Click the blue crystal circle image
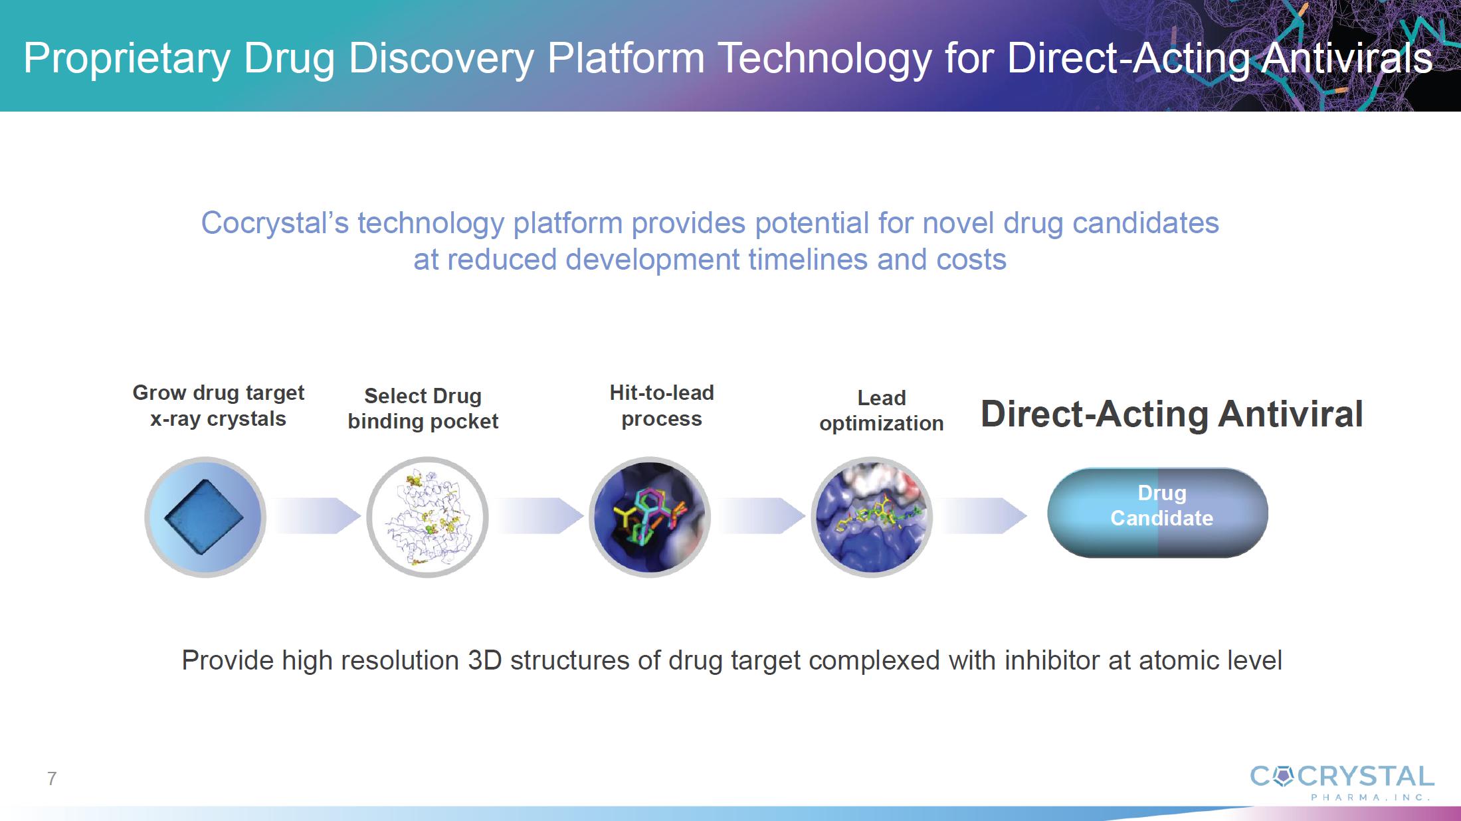tap(205, 517)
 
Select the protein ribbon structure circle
tap(428, 517)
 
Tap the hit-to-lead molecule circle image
tap(650, 517)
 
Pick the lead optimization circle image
tap(872, 517)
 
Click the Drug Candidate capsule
tap(1158, 513)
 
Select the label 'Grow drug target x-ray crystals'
tap(219, 406)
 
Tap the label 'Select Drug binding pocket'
tap(423, 409)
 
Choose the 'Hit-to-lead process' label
tap(662, 406)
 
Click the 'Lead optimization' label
tap(882, 410)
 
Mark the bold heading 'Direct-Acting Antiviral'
tap(1172, 414)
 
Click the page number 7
tap(52, 778)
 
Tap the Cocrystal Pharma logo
tap(1342, 782)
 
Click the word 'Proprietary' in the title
tap(127, 58)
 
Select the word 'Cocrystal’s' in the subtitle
tap(275, 223)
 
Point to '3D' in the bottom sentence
tap(485, 660)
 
